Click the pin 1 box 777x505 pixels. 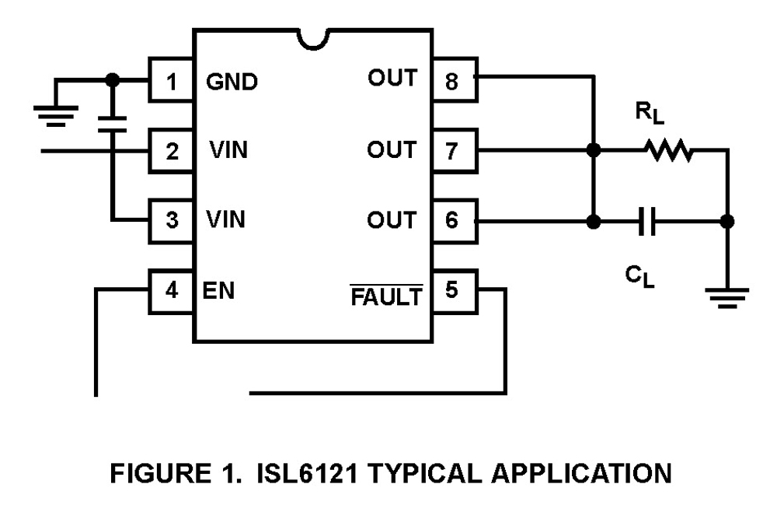(172, 79)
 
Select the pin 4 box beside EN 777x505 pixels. (172, 290)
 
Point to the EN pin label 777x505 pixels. (221, 291)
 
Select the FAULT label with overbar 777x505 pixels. (387, 296)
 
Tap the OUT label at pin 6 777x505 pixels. (392, 220)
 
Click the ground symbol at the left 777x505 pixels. (54, 109)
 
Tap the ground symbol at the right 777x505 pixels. (726, 296)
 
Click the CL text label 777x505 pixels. (641, 275)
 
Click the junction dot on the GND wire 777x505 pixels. (113, 79)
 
